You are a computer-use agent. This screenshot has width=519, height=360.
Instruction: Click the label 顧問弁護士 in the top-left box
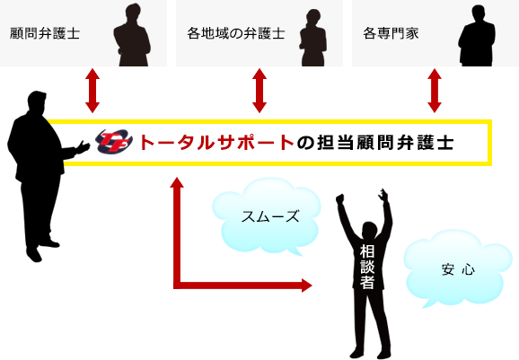[45, 33]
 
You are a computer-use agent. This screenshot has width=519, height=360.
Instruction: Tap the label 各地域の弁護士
[235, 33]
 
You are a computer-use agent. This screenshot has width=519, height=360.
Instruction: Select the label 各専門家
[391, 33]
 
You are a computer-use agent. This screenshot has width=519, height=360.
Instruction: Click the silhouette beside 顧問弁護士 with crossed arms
[132, 35]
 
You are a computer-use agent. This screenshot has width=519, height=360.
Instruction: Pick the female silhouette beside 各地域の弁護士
[313, 38]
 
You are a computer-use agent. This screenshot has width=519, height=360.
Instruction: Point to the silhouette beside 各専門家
[477, 36]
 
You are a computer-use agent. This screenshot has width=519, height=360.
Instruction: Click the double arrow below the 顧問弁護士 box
[92, 91]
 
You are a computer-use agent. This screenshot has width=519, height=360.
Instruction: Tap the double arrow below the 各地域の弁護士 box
[259, 91]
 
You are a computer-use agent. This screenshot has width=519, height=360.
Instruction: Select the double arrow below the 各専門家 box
[435, 91]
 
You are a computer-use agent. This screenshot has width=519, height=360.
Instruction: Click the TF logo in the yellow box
[114, 142]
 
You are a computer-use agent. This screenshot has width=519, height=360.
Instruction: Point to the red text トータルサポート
[216, 143]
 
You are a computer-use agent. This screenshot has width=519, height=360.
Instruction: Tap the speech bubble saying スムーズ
[267, 216]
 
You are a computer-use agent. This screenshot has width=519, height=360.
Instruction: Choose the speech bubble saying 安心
[458, 268]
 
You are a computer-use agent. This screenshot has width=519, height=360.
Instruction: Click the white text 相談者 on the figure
[367, 267]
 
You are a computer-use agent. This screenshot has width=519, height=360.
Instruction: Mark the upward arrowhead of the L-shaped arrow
[177, 182]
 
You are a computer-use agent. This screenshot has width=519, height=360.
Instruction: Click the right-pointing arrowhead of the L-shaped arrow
[306, 285]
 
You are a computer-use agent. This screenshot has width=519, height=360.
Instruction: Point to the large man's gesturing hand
[82, 147]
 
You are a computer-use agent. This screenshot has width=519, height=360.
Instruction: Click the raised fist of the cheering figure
[340, 198]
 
